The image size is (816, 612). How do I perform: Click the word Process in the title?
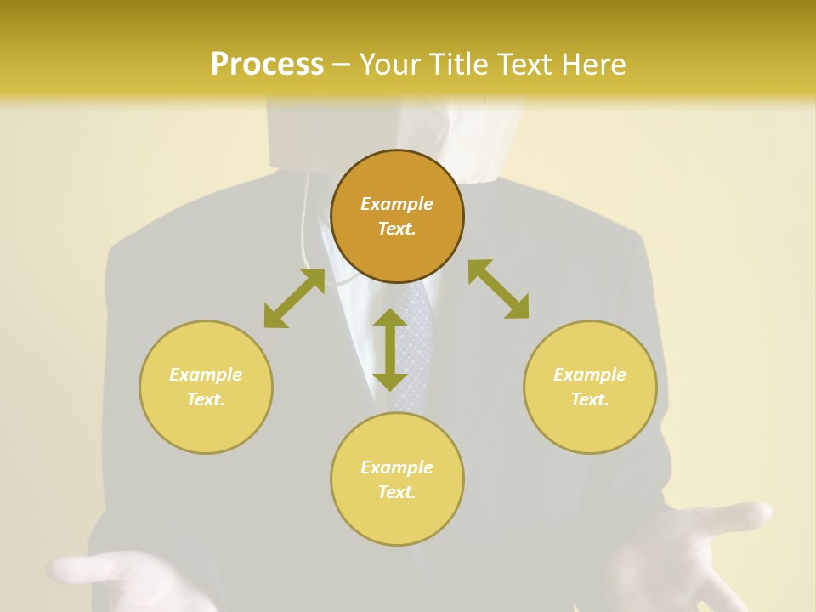[x=267, y=65]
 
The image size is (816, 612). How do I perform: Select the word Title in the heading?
[x=455, y=65]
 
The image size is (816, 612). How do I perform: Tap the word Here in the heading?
[x=592, y=65]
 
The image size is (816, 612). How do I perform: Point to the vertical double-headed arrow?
[x=390, y=349]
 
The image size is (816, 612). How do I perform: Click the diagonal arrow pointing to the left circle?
[x=294, y=298]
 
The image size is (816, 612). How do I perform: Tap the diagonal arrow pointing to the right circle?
[x=499, y=289]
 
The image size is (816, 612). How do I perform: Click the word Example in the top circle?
[x=397, y=204]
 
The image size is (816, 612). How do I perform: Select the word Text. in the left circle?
[x=206, y=399]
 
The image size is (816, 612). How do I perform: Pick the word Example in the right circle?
[x=590, y=375]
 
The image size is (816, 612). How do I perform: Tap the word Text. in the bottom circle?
[x=397, y=492]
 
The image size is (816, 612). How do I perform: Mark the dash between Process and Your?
[x=342, y=65]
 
